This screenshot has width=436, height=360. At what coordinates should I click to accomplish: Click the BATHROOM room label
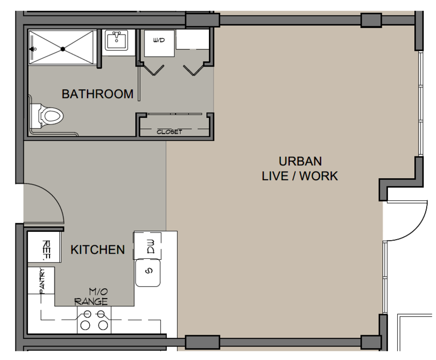pyautogui.click(x=98, y=94)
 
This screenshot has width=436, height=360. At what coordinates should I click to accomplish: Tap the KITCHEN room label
pyautogui.click(x=98, y=249)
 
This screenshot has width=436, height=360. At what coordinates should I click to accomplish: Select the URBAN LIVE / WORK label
pyautogui.click(x=300, y=169)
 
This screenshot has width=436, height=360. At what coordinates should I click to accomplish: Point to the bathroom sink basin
pyautogui.click(x=117, y=40)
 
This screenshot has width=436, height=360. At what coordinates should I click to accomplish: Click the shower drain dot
pyautogui.click(x=63, y=49)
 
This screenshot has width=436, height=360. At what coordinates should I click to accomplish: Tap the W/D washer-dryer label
pyautogui.click(x=159, y=40)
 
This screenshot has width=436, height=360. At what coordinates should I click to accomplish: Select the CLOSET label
pyautogui.click(x=169, y=132)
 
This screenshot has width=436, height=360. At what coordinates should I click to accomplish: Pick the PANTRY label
pyautogui.click(x=42, y=281)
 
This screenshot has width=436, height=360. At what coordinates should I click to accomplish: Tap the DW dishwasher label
pyautogui.click(x=151, y=246)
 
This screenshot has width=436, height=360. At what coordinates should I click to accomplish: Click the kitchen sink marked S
pyautogui.click(x=148, y=273)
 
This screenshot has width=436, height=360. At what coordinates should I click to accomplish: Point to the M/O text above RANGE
pyautogui.click(x=98, y=292)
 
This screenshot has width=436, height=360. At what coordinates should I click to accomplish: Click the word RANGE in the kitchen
pyautogui.click(x=91, y=302)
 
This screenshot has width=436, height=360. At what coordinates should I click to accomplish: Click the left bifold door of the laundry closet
pyautogui.click(x=153, y=70)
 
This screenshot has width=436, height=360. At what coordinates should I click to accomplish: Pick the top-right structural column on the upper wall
pyautogui.click(x=371, y=20)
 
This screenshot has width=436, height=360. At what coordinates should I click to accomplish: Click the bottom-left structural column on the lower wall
pyautogui.click(x=202, y=342)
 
